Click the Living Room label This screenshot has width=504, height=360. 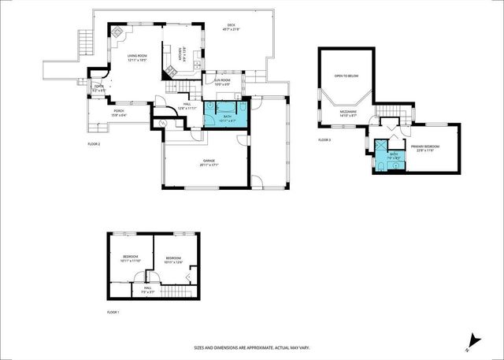pos(137,57)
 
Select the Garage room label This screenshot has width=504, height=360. pos(208,163)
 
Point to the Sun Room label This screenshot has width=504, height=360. pos(221,82)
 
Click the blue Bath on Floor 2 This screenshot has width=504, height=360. pos(227,117)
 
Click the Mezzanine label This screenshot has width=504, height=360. pos(346,114)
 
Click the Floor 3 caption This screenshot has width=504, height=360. pos(324,140)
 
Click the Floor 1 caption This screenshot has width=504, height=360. pos(113,312)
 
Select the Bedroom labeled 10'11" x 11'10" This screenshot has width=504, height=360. pos(131,259)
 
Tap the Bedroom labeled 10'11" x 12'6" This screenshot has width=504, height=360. pos(173,260)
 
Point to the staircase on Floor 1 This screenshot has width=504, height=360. pos(181,293)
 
